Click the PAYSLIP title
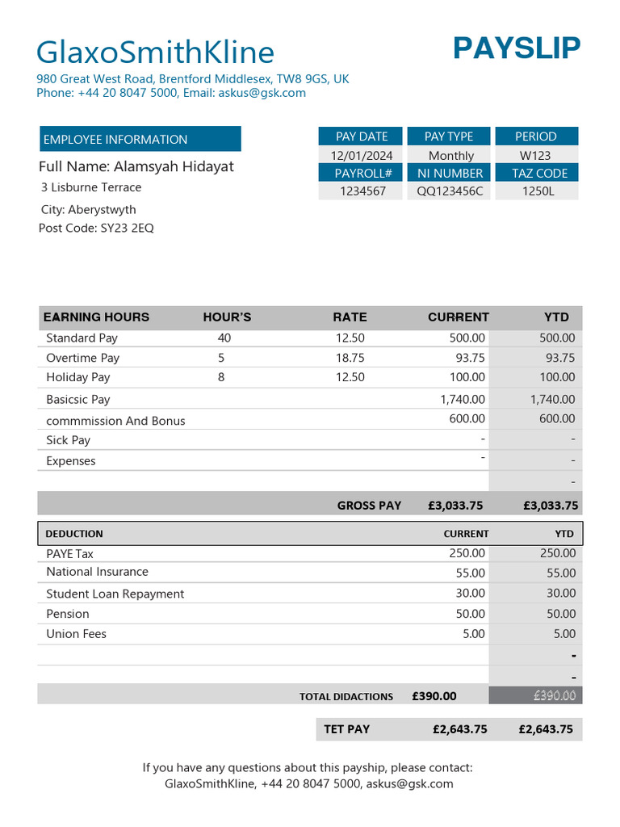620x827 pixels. click(517, 48)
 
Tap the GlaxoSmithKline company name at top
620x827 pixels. click(156, 52)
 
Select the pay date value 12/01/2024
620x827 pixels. click(362, 155)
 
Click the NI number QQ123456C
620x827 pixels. click(450, 191)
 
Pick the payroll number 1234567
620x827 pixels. click(362, 191)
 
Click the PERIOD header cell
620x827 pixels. click(536, 136)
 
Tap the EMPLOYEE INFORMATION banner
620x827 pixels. click(140, 139)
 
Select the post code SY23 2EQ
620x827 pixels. click(96, 228)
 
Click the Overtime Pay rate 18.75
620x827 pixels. click(350, 358)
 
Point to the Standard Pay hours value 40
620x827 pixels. click(224, 338)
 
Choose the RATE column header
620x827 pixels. click(350, 317)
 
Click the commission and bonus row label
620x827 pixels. click(115, 421)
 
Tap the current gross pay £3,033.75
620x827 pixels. click(455, 506)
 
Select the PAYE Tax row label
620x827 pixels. click(70, 554)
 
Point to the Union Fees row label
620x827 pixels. click(76, 634)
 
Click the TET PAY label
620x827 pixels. click(347, 728)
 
